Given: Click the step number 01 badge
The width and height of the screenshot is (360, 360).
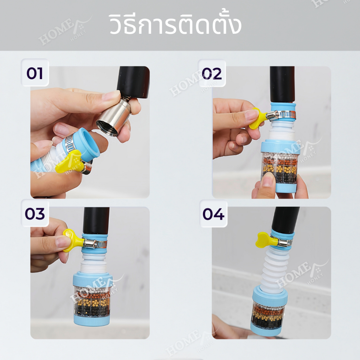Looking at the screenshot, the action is point(35,73).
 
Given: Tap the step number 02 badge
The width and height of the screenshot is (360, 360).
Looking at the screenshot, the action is point(212,73).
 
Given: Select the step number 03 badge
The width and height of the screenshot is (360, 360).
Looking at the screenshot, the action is point(35,213).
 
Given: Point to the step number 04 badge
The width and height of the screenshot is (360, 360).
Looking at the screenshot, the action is point(213,214).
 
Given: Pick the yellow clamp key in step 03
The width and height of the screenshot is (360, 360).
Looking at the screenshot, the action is point(73,240).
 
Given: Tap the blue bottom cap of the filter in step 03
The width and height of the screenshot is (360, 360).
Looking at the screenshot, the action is point(92,320).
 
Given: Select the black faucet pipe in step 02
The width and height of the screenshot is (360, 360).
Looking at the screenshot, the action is point(282,85).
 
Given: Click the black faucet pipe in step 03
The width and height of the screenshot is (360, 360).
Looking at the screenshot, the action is point(96,221).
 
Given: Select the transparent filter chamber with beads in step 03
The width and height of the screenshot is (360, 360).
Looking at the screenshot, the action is point(92,301).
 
